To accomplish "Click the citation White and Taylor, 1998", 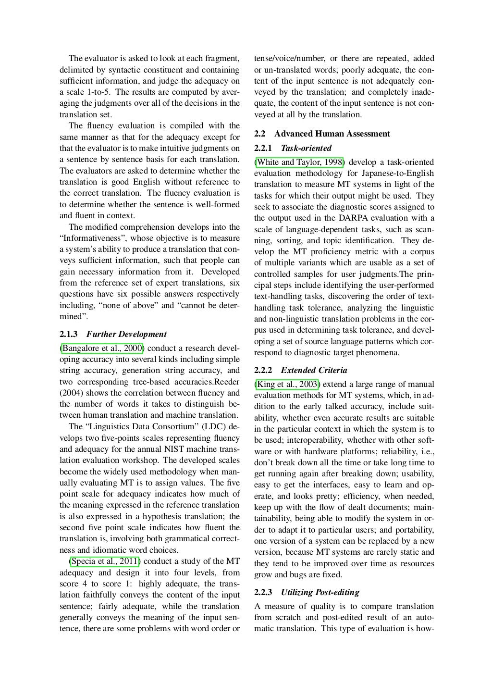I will pos(299,162).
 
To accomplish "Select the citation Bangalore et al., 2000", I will pos(102,348).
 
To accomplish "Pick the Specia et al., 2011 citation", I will pos(105,561).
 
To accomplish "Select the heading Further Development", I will pos(126,334).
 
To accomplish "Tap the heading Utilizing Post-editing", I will pos(320,592).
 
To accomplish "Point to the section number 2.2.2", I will pos(263,370).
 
